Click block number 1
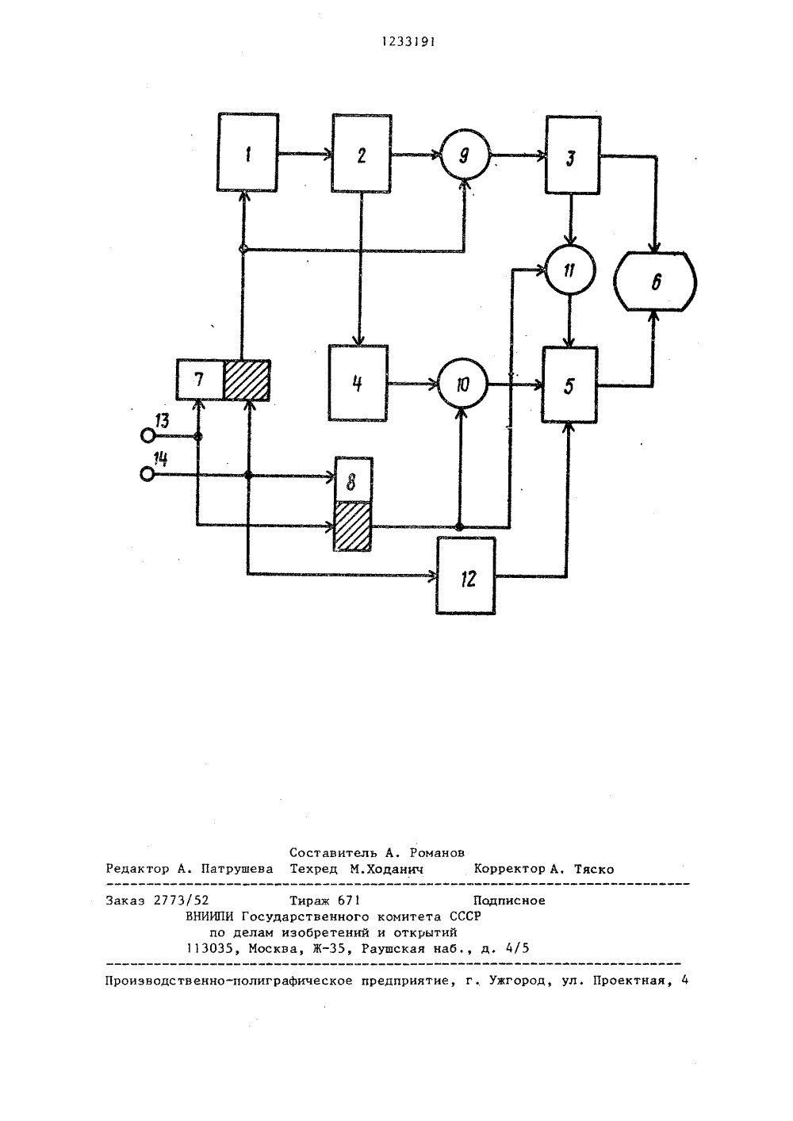point(247,152)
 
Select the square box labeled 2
point(362,153)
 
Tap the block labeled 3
point(573,155)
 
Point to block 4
point(358,383)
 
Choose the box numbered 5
point(569,385)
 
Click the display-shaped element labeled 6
point(655,281)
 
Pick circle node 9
point(465,155)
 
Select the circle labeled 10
point(462,384)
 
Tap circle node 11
point(570,270)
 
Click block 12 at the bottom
point(465,576)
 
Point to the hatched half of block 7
point(247,380)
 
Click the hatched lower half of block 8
point(352,526)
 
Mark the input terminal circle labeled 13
point(147,436)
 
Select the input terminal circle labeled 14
point(147,473)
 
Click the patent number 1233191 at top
point(408,42)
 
